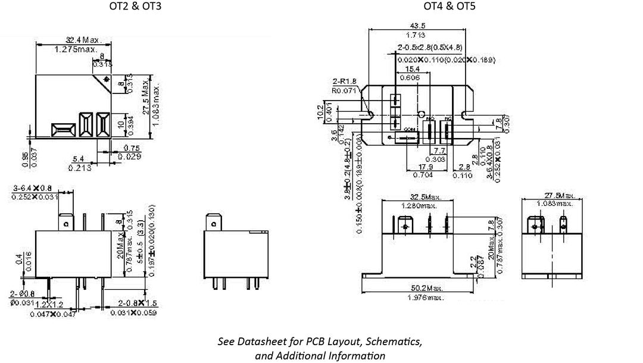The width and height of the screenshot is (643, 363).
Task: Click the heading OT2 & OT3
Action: coord(135,7)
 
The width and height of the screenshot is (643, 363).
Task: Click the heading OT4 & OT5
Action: coord(450,7)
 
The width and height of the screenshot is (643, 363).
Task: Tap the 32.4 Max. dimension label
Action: coord(84,40)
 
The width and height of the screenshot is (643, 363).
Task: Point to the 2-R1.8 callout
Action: coord(344,82)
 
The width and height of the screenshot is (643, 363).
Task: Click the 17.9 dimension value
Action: coord(424,167)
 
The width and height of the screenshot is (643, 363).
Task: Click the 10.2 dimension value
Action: coord(320,111)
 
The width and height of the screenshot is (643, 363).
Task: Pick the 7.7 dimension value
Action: coord(440,151)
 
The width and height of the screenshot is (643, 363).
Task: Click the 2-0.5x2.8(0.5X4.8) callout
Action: coord(430,47)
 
